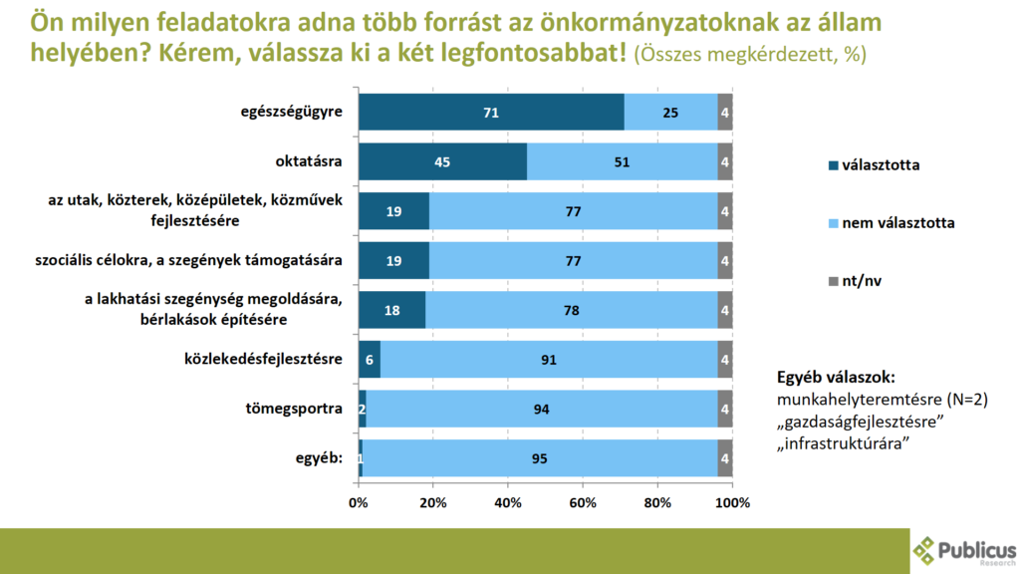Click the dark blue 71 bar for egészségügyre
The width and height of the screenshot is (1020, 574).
coord(491,113)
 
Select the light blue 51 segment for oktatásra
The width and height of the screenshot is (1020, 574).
coord(622,161)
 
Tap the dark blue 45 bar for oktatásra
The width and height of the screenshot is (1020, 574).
coord(442,161)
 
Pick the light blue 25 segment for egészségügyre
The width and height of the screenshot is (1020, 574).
coord(670,113)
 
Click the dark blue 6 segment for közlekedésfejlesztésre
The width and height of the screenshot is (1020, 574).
coord(370,359)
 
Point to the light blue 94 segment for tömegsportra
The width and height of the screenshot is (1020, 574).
coord(542,409)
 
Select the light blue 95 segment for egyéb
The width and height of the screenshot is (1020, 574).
coord(540,458)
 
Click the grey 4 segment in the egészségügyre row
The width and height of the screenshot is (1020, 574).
coord(725,113)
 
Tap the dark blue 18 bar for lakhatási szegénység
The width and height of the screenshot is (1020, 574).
coord(391,310)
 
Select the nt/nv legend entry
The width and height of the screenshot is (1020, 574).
coord(862,281)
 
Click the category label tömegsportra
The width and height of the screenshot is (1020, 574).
coord(303,409)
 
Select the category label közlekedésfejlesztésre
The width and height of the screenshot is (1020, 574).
coord(264,359)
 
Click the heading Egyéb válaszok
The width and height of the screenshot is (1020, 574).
coord(836,378)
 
